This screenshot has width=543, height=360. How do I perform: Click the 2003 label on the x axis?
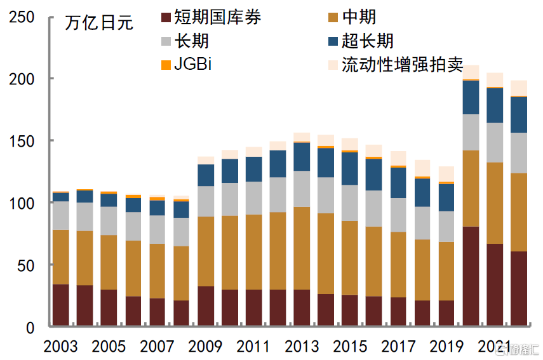pos(61,347)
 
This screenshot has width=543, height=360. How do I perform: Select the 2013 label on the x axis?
pos(302,347)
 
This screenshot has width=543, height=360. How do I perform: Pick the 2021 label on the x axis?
pos(495,347)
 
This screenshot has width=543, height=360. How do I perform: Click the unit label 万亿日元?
pos(99,23)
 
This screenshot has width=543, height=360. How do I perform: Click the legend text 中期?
pos(359,17)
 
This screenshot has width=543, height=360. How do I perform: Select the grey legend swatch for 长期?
pos(166,41)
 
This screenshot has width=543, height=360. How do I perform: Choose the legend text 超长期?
pos(368,41)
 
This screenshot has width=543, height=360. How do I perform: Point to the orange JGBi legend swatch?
pos(166,65)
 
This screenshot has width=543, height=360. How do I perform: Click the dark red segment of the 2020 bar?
pos(471,276)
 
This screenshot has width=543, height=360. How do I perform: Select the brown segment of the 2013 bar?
pos(302,248)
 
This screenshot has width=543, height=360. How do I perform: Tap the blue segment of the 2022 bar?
pos(519,114)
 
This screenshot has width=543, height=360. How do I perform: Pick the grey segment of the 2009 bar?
pos(206,201)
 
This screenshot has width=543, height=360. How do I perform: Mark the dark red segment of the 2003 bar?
pos(61,305)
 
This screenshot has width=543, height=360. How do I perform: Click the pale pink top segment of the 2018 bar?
pos(422,168)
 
